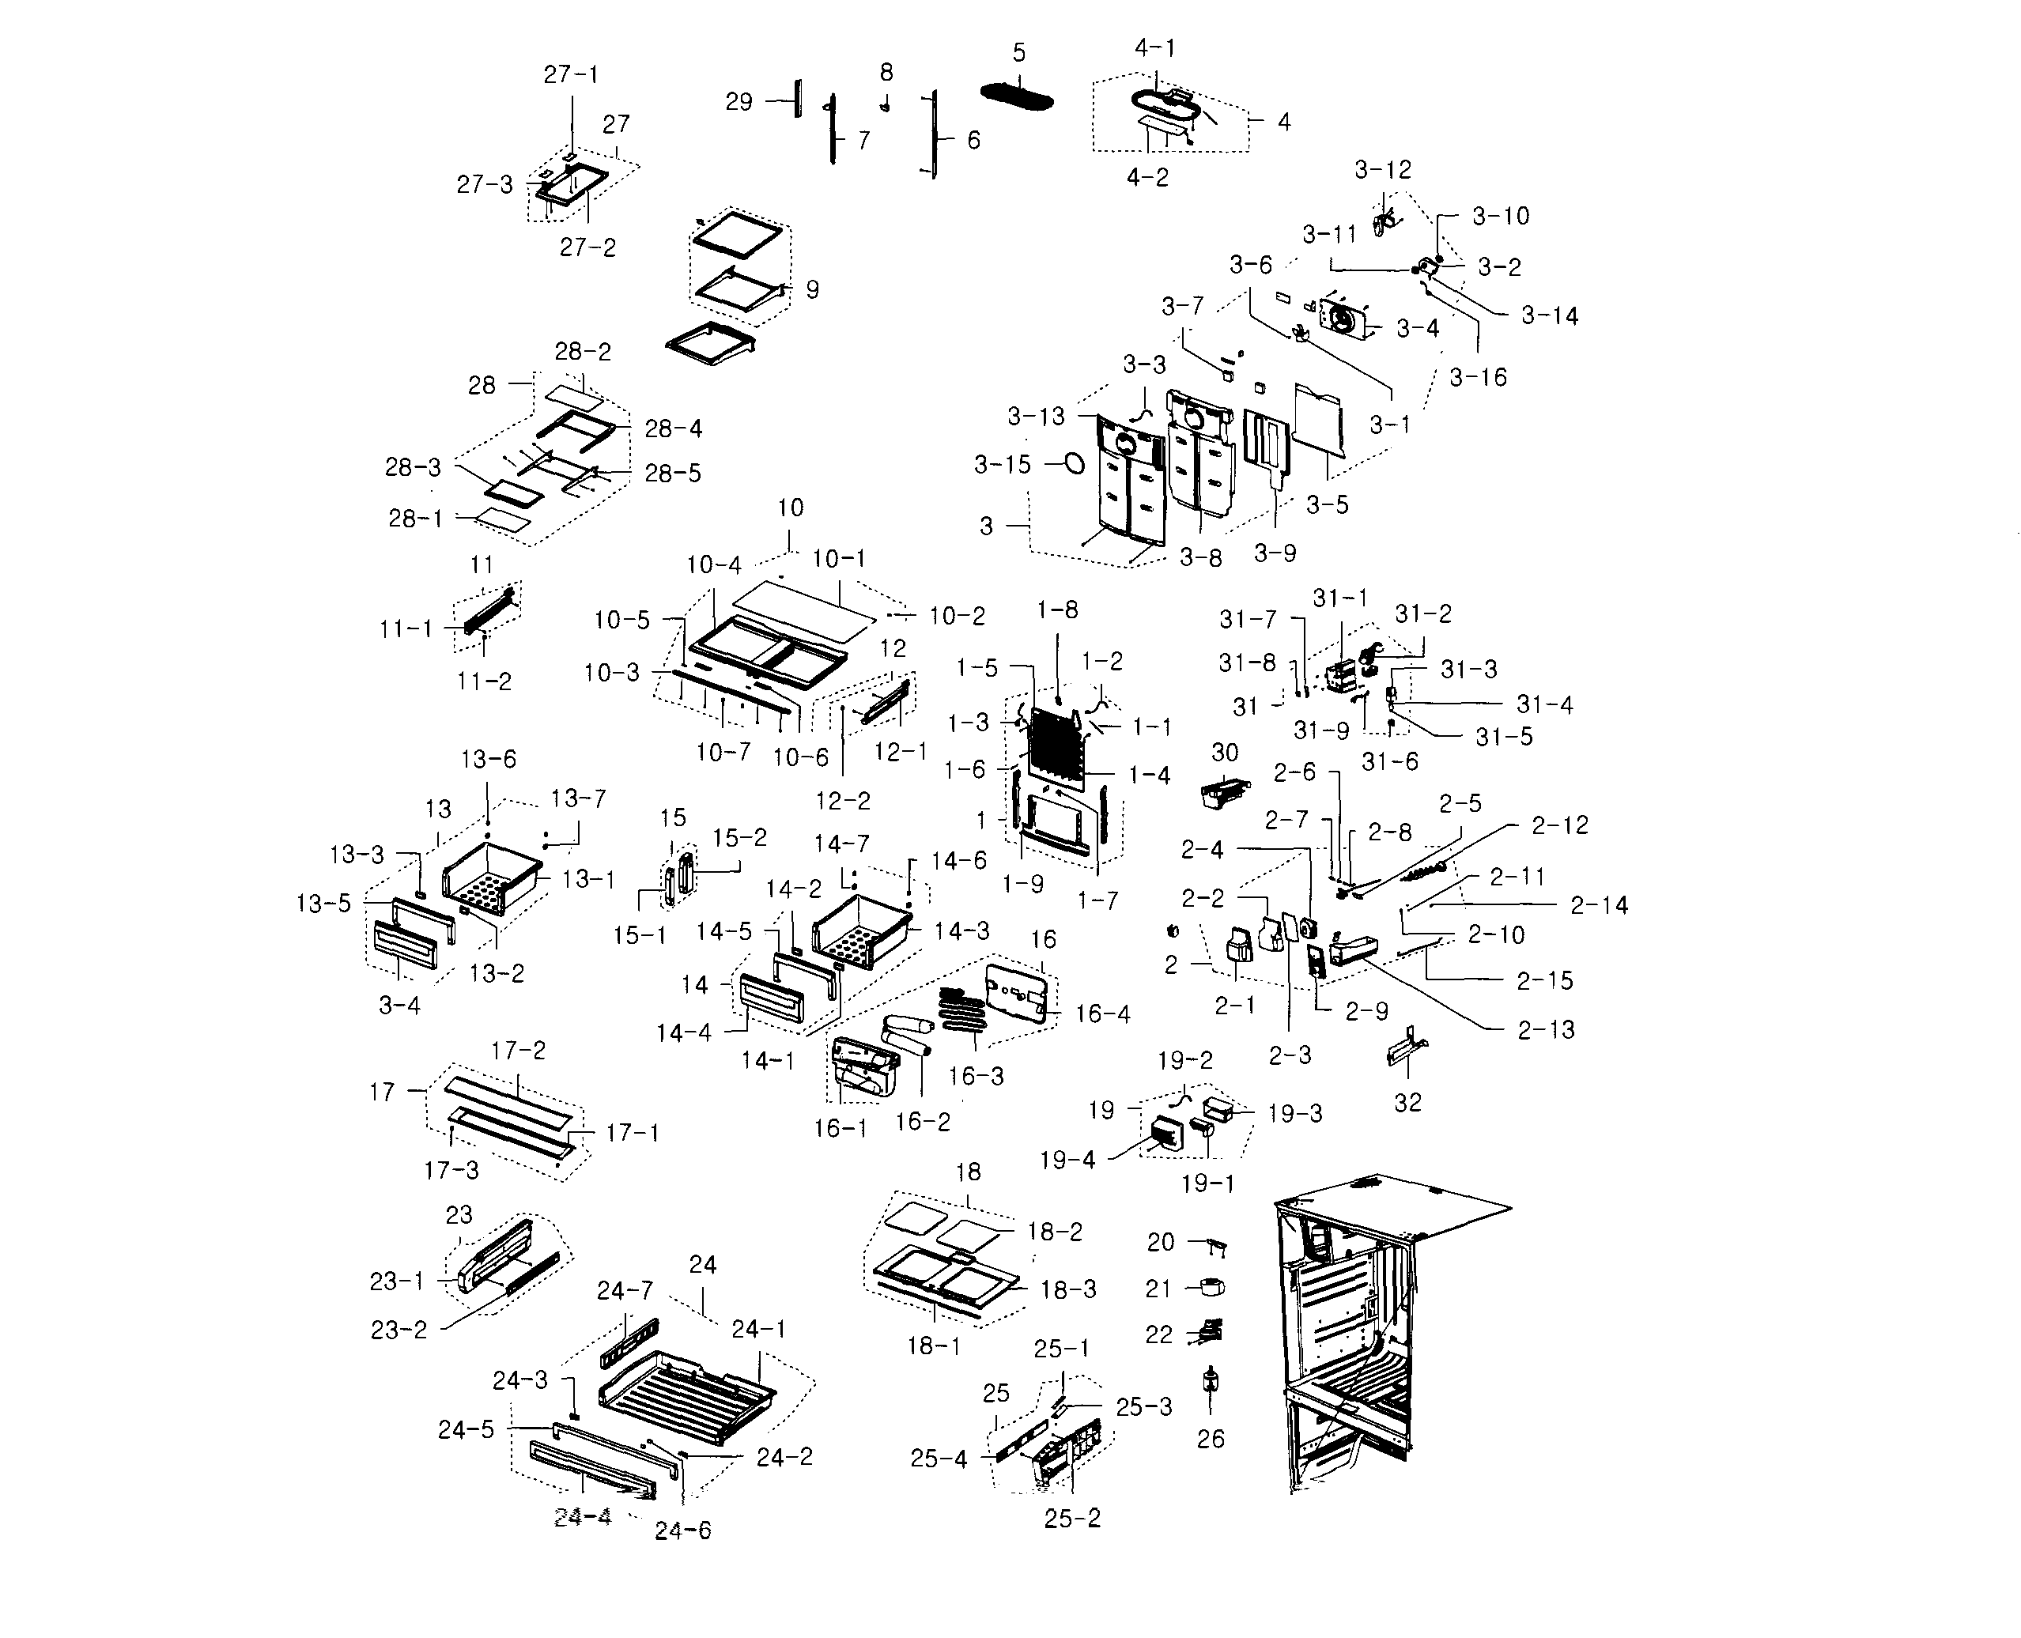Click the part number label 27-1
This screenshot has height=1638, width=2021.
(x=570, y=74)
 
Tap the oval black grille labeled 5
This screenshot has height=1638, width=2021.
(x=1016, y=97)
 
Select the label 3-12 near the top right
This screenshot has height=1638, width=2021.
(x=1382, y=170)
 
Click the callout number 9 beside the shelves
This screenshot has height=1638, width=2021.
(x=811, y=289)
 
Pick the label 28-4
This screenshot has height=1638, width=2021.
(x=673, y=428)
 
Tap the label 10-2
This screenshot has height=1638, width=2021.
(x=957, y=616)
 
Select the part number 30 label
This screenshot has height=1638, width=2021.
(x=1224, y=752)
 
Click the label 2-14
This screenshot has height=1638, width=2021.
(x=1600, y=906)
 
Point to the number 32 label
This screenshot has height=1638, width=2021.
(x=1407, y=1102)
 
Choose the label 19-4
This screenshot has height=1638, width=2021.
(x=1067, y=1160)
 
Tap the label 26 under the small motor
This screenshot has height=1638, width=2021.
(x=1211, y=1439)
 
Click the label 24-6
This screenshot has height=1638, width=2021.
(x=682, y=1530)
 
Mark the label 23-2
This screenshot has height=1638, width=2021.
(x=399, y=1330)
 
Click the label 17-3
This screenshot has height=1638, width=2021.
(x=451, y=1170)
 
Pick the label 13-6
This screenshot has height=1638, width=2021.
(x=488, y=760)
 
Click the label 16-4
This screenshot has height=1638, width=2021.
(x=1102, y=1013)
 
